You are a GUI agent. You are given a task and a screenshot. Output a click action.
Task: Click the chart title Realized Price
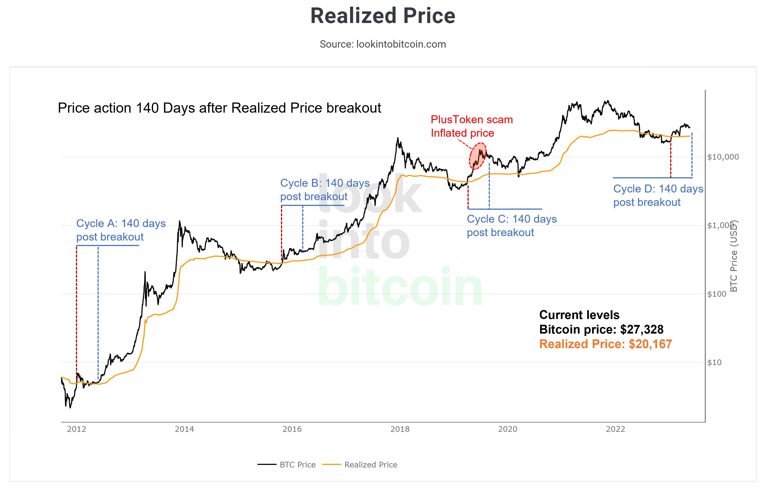383,16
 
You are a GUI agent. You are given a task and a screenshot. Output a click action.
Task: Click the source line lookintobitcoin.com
383,44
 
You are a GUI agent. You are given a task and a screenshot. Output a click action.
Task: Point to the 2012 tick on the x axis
76,429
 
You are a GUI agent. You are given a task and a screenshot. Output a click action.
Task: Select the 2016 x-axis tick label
292,429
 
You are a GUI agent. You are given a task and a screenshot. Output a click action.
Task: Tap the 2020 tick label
508,429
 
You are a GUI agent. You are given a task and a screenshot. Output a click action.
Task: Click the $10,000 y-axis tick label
723,157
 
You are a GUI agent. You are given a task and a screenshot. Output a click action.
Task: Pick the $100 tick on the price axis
717,294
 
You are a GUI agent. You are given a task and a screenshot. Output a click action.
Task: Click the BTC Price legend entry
287,465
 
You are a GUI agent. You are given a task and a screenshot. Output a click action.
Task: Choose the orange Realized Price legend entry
360,465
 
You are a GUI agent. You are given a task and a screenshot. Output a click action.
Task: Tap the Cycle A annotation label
121,230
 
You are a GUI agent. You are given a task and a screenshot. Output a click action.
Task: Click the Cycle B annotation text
325,190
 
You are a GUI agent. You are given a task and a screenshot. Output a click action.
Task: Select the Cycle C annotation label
512,226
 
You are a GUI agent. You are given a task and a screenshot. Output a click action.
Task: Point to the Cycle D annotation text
658,195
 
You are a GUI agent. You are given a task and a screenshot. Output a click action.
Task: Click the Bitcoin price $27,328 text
601,329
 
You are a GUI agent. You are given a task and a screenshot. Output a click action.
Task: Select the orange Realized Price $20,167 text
606,344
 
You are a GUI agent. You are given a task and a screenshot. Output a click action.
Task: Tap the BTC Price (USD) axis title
734,256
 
